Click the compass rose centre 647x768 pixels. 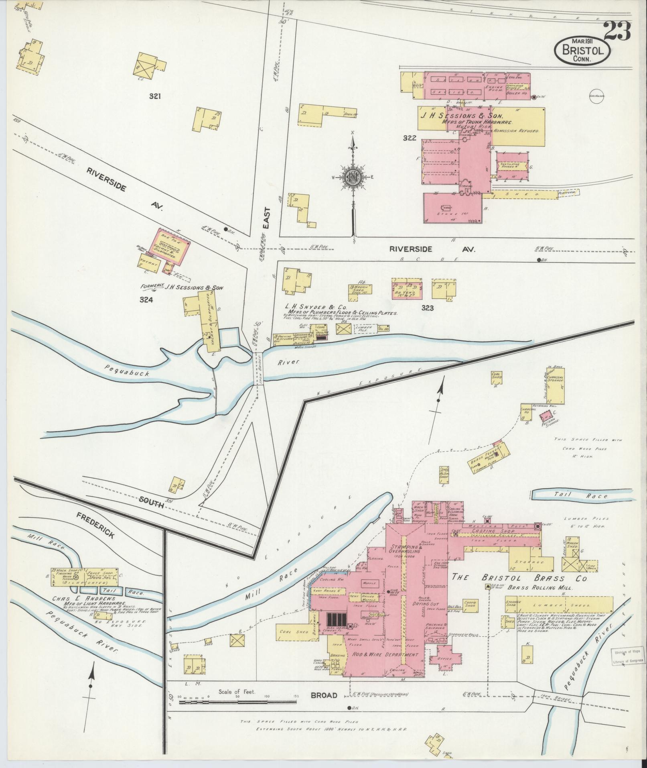tap(353, 177)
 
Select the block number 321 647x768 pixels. tap(155, 96)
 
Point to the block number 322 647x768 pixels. tap(410, 138)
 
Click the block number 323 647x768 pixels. tap(428, 308)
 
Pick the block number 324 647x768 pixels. tap(146, 299)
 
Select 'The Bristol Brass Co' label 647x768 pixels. tap(519, 578)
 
